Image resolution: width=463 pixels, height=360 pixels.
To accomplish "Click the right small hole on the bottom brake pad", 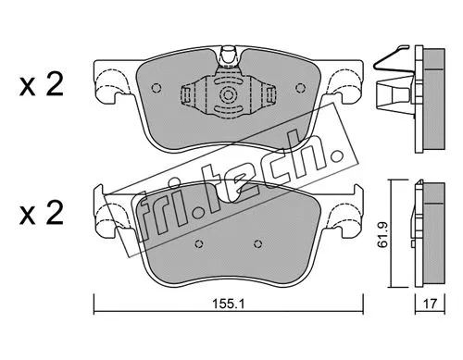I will [x=256, y=246].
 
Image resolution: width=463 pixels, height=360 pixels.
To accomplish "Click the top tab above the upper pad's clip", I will [x=226, y=58].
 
